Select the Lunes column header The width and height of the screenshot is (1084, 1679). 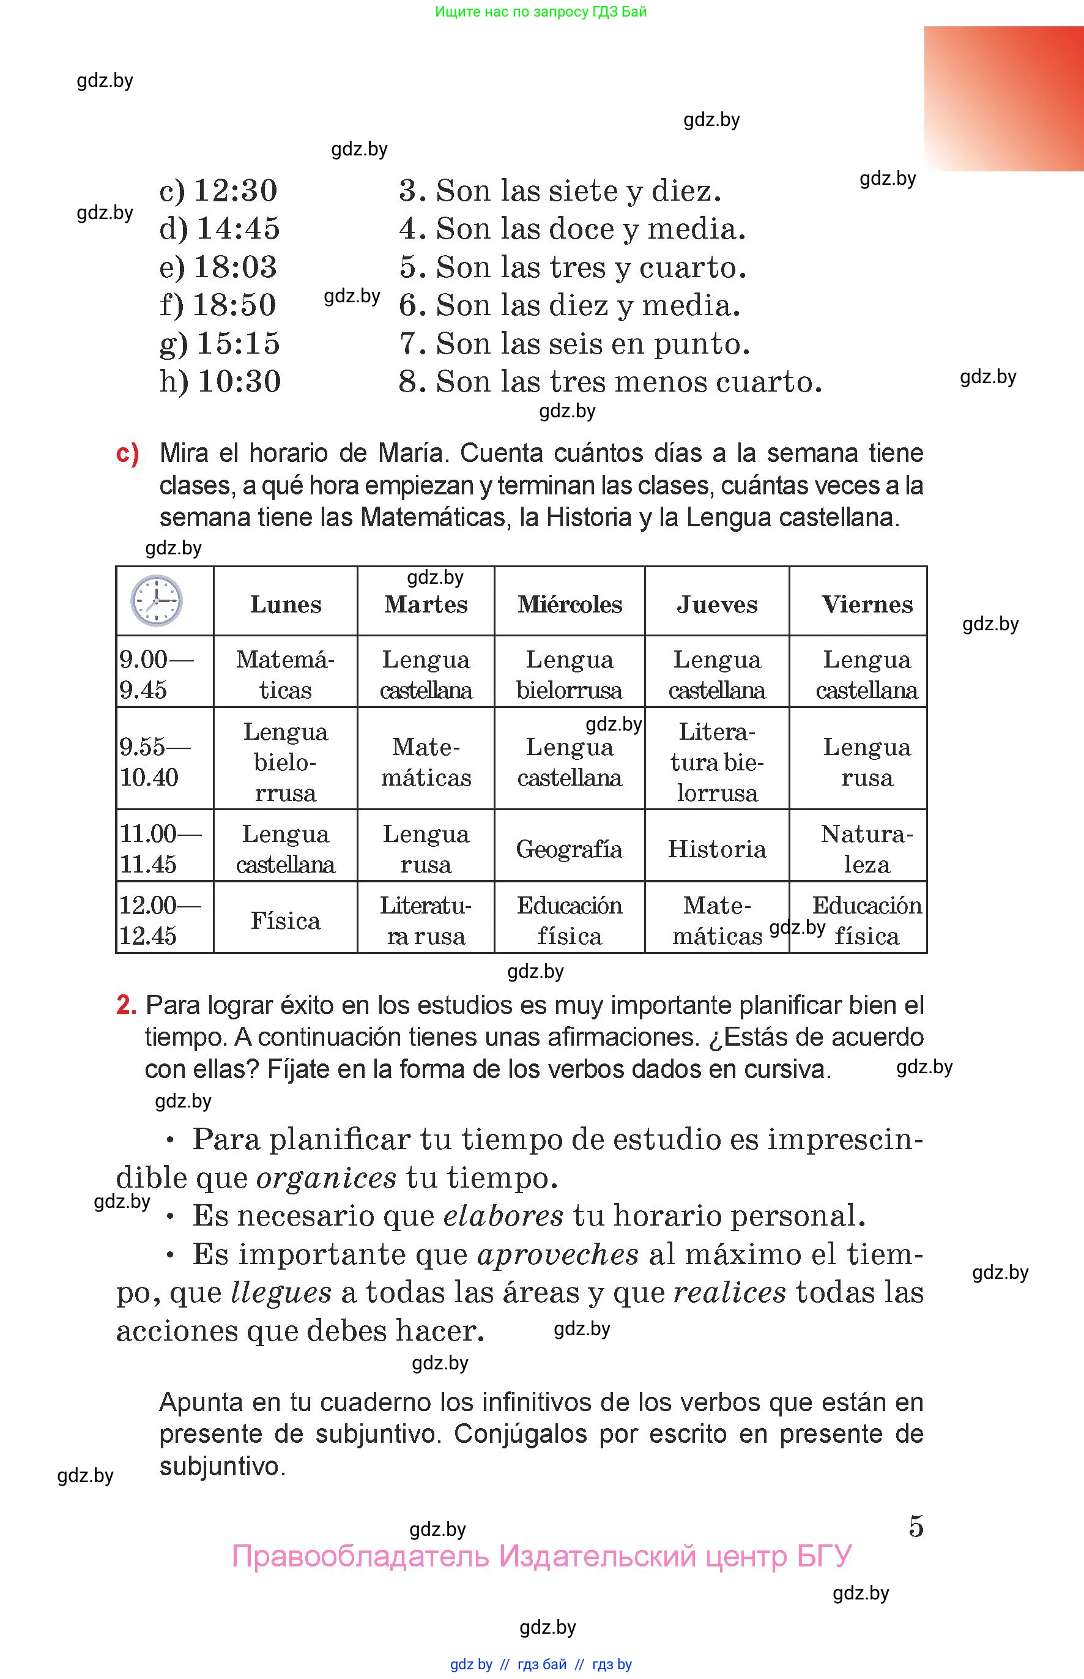(x=285, y=604)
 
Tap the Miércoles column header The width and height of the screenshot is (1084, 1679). (x=570, y=604)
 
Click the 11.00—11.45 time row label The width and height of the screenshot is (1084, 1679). (x=160, y=848)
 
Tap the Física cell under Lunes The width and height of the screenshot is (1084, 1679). (x=285, y=921)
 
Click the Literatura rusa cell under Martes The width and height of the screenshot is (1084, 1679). (x=426, y=920)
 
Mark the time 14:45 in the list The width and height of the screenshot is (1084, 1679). (x=238, y=228)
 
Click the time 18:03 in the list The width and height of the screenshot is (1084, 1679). (x=235, y=267)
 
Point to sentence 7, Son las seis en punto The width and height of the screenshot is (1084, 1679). (x=574, y=343)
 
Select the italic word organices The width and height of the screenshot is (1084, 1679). (x=327, y=1177)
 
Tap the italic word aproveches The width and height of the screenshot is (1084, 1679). (x=557, y=1254)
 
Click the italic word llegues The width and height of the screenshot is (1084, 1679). (x=281, y=1292)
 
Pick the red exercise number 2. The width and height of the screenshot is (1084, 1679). (x=126, y=1005)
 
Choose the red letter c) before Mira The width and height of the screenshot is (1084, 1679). (x=127, y=453)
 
